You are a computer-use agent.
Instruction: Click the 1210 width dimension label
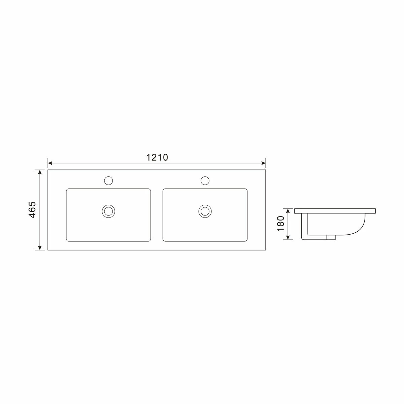coord(157,158)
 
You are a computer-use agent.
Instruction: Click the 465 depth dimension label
coord(32,210)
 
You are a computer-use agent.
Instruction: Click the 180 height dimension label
coord(280,224)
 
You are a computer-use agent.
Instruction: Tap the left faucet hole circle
coord(108,181)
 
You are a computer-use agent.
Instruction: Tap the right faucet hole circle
coord(205,181)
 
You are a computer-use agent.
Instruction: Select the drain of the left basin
coord(108,211)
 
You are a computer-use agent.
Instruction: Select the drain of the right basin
coord(205,211)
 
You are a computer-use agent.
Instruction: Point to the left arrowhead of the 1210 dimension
coord(50,163)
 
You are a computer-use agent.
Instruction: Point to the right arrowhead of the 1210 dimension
coord(263,163)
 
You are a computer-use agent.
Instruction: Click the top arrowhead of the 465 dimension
coord(40,172)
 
